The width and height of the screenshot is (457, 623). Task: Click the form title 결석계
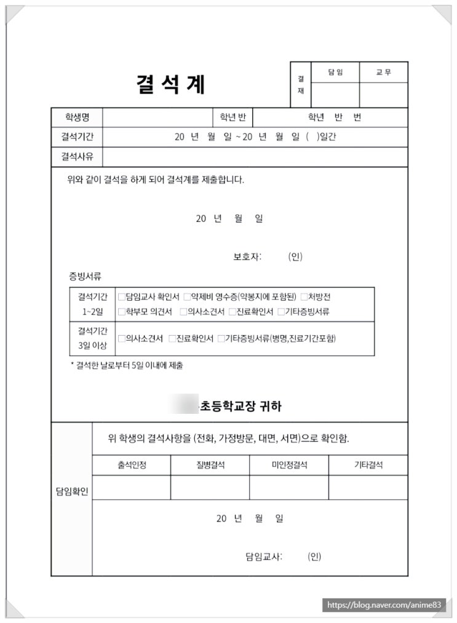coord(170,85)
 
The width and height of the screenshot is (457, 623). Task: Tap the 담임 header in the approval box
coord(335,73)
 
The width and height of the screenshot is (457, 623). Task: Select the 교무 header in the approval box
coord(383,73)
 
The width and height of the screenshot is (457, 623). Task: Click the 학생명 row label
coord(77,117)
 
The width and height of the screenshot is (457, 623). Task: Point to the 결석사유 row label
coord(77,156)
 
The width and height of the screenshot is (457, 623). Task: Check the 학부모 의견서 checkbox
coord(121,312)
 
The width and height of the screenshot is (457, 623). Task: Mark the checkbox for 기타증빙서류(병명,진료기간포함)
coord(221,338)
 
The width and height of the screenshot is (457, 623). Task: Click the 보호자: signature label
coord(247,257)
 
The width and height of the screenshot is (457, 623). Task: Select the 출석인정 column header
coord(132,466)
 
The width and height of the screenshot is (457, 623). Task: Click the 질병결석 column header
coord(210,466)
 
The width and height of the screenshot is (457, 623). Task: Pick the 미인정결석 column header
coord(289,466)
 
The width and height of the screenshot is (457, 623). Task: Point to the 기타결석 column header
coord(368,466)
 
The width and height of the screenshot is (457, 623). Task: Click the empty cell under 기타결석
coord(368,487)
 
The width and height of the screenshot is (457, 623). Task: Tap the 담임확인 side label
coord(72,491)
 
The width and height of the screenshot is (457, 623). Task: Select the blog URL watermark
coord(384,606)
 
